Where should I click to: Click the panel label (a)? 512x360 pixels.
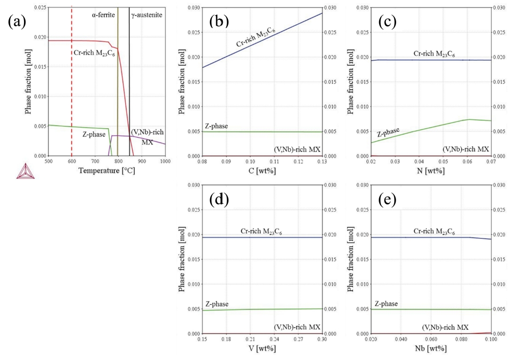point(16,22)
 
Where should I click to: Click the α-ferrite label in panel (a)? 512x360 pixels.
point(104,15)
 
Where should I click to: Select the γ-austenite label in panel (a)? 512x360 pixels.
point(146,15)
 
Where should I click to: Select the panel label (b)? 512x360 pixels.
point(219,22)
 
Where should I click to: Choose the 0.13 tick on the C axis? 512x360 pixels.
point(323,162)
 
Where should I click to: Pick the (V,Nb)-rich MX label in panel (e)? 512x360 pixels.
point(445,327)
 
